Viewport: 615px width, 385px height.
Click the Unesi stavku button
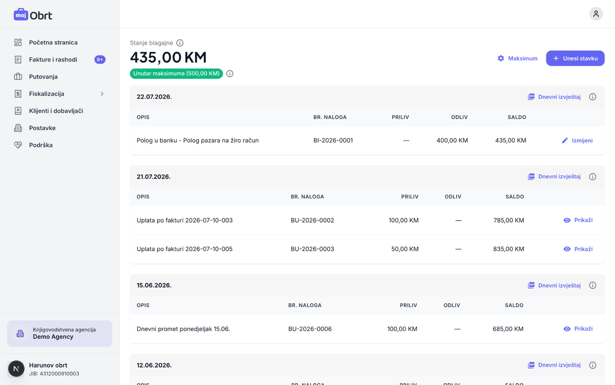575,58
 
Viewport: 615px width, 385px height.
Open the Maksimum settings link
518,58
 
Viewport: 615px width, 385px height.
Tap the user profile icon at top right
596,14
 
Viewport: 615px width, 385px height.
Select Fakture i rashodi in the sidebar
53,59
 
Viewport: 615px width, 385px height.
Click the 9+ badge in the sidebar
100,59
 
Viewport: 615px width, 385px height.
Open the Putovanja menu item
44,77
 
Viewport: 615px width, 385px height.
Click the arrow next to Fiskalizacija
102,94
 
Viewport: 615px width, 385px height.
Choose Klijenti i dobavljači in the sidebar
56,111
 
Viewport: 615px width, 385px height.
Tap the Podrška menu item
41,145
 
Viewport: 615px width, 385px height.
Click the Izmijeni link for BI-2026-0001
577,140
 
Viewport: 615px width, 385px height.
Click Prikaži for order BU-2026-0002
578,220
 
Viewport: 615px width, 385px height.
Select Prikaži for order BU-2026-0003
578,249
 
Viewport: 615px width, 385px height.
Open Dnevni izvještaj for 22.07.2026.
554,97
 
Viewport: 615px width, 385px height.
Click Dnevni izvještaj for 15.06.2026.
554,285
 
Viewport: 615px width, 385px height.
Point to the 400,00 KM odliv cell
452,140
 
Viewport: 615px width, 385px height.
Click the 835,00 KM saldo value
509,249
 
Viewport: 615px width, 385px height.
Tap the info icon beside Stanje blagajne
180,43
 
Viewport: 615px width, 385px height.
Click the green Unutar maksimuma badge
176,74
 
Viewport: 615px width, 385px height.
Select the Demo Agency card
60,333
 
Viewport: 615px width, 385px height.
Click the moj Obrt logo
33,15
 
